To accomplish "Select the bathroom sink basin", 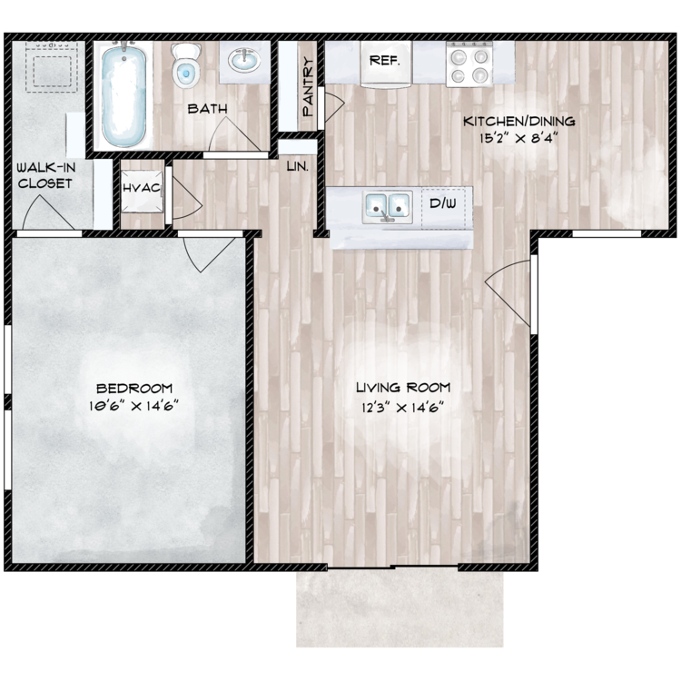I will (242, 61).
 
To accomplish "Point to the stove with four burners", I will (469, 64).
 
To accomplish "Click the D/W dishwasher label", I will (443, 202).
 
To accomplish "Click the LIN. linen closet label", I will (297, 168).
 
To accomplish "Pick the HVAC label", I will (142, 187).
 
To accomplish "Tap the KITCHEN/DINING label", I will (519, 122).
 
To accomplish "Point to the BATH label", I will (207, 110).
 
